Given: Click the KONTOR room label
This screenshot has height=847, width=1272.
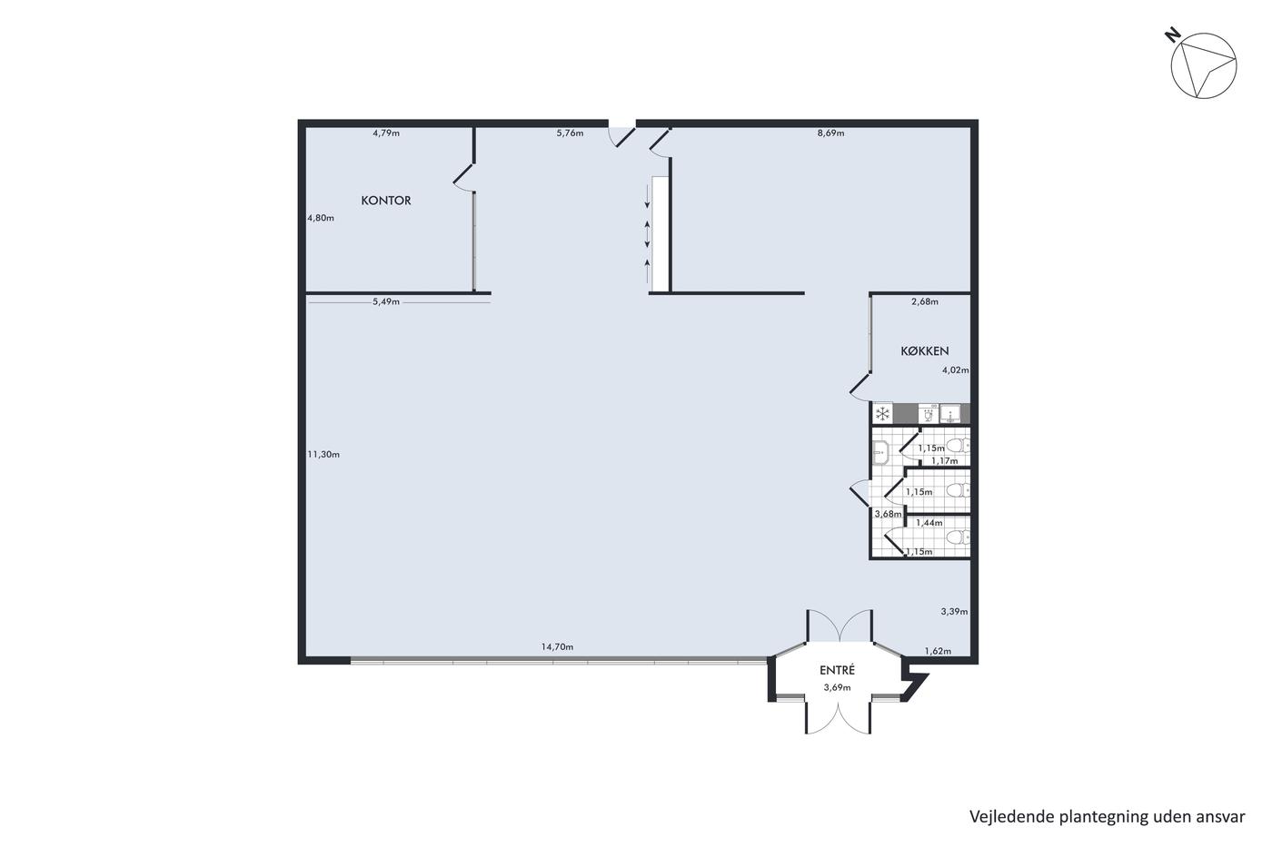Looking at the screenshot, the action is click(386, 201).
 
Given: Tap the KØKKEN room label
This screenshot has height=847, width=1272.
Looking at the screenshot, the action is click(925, 350).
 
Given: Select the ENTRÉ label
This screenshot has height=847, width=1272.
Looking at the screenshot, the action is click(837, 670).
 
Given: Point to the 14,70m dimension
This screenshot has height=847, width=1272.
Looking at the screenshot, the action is click(557, 646).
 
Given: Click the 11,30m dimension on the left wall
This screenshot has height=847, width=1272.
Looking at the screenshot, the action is click(323, 454).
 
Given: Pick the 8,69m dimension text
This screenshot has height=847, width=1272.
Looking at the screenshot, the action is click(830, 133).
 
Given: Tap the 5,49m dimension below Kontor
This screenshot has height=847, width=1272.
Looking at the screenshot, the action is click(386, 301).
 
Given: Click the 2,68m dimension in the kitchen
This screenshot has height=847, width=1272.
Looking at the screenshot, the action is click(925, 301).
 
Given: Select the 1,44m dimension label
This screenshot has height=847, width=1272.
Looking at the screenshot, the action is click(929, 523).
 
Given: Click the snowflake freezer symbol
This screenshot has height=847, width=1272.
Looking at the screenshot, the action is click(882, 414).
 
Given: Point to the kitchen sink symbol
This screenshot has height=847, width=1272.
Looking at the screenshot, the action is click(950, 414).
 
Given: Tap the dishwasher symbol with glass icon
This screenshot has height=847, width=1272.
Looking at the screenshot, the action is click(928, 414).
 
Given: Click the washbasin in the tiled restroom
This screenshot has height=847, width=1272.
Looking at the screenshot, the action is click(880, 452).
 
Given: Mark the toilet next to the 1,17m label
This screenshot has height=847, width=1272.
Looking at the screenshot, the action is click(959, 446).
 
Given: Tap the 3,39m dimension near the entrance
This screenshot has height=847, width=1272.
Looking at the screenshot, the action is click(955, 612).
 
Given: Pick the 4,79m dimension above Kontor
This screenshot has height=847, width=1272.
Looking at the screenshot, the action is click(386, 133).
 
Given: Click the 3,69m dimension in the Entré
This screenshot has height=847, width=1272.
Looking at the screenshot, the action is click(838, 687).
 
